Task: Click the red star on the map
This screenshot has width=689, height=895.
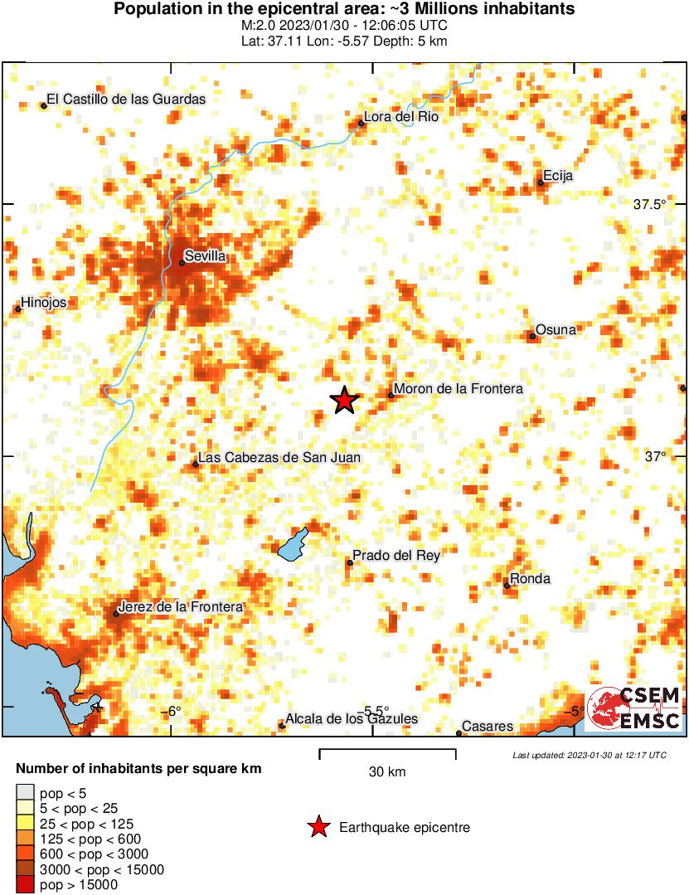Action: [x=344, y=401]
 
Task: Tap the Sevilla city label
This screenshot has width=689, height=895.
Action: [x=206, y=256]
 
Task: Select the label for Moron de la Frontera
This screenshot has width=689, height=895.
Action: [x=459, y=388]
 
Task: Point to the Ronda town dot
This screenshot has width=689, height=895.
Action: [x=507, y=586]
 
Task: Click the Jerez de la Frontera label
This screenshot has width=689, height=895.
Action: [x=181, y=607]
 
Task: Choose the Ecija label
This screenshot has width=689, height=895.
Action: [x=558, y=176]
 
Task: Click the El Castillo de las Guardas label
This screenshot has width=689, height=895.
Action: [x=126, y=99]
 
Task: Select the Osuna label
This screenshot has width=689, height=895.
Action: [x=556, y=330]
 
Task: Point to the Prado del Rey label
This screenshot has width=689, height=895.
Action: [x=396, y=556]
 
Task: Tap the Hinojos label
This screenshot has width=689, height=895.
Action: [x=43, y=303]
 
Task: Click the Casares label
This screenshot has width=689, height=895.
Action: [x=488, y=727]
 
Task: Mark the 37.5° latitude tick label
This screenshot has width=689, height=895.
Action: [x=650, y=205]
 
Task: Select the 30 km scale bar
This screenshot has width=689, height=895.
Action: [x=387, y=753]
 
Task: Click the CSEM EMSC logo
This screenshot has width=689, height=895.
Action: [x=634, y=708]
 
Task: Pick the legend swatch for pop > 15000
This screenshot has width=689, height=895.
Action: [x=25, y=885]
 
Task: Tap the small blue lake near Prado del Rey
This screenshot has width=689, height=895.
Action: [x=292, y=543]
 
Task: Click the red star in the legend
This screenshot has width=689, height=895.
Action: [x=317, y=827]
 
